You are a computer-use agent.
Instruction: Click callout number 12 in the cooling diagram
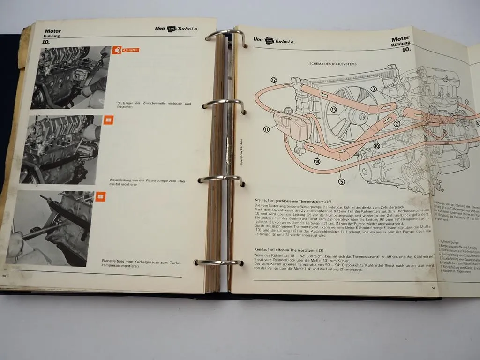pos(274,80)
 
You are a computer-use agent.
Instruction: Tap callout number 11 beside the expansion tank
pos(266,129)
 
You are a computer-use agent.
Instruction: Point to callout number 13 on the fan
pos(333,110)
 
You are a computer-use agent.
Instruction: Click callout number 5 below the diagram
pos(341,182)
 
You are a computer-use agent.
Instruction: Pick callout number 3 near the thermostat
pos(374,89)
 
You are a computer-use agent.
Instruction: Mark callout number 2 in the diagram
pos(396,124)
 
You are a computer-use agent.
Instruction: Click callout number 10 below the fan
pos(376,146)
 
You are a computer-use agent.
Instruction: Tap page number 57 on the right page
pos(434,288)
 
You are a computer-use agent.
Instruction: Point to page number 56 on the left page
pos(5,276)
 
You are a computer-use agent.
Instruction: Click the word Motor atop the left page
pos(53,31)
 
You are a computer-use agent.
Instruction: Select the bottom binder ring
pos(218,263)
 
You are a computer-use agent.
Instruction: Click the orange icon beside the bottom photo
pos(100,197)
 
